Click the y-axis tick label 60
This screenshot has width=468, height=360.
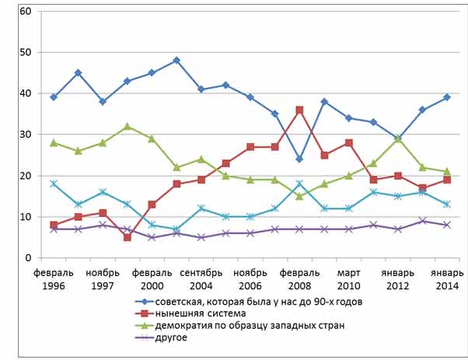pyautogui.click(x=25, y=12)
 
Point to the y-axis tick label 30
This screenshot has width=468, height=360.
pyautogui.click(x=25, y=135)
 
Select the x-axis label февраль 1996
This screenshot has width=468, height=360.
pyautogui.click(x=53, y=279)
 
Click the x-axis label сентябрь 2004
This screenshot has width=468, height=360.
pyautogui.click(x=201, y=279)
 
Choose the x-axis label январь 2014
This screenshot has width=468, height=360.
pyautogui.click(x=446, y=279)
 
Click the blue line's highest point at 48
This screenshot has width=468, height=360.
pyautogui.click(x=176, y=60)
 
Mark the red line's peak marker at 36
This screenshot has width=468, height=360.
pyautogui.click(x=300, y=110)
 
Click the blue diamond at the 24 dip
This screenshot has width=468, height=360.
pyautogui.click(x=300, y=159)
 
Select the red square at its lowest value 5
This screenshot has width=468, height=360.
pyautogui.click(x=127, y=237)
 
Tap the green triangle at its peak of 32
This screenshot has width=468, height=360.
pyautogui.click(x=127, y=126)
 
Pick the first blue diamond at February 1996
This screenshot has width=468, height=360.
pyautogui.click(x=53, y=97)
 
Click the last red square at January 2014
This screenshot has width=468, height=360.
pyautogui.click(x=446, y=180)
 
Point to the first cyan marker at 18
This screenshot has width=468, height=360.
pyautogui.click(x=53, y=183)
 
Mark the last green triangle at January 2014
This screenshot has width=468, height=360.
pyautogui.click(x=446, y=171)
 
